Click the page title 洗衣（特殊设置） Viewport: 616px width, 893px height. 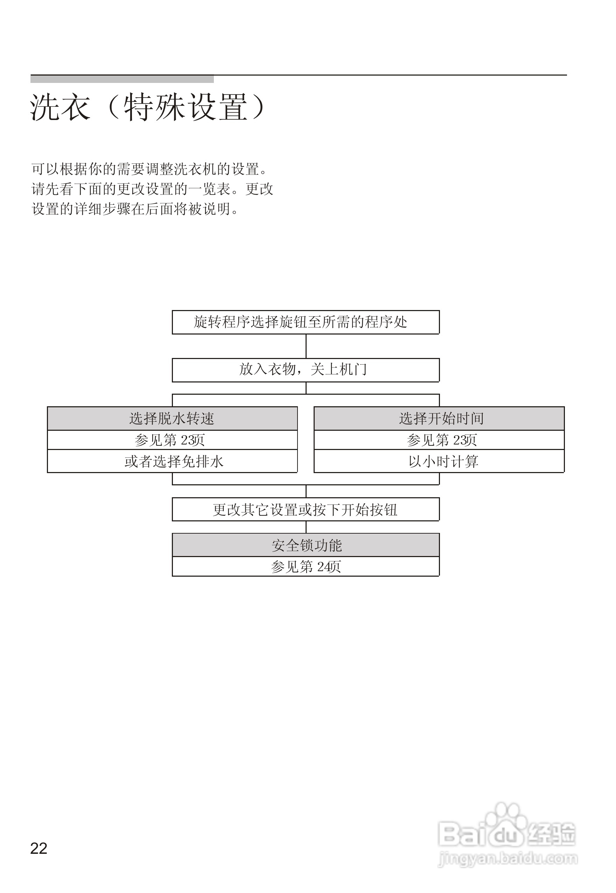pyautogui.click(x=147, y=107)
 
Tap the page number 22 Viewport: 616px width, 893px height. pyautogui.click(x=38, y=848)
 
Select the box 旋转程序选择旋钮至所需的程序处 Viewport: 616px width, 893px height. pyautogui.click(x=305, y=322)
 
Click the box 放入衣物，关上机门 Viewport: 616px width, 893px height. pyautogui.click(x=305, y=370)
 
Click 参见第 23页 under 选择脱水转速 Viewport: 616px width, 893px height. pyautogui.click(x=172, y=440)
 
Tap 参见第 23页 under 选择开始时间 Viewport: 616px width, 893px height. pyautogui.click(x=439, y=440)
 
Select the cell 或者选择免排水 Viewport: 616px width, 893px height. pyautogui.click(x=172, y=461)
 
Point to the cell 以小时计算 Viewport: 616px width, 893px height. pyautogui.click(x=439, y=461)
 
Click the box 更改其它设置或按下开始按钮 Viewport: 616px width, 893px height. pyautogui.click(x=305, y=509)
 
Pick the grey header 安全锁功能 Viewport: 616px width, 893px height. pyautogui.click(x=305, y=545)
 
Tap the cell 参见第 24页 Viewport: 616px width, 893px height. pyautogui.click(x=305, y=567)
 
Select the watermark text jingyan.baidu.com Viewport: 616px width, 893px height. pyautogui.click(x=508, y=859)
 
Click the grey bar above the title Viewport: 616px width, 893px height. pyautogui.click(x=122, y=79)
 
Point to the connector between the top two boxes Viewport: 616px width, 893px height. pyautogui.click(x=306, y=346)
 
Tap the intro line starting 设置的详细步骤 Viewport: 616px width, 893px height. pyautogui.click(x=135, y=209)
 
